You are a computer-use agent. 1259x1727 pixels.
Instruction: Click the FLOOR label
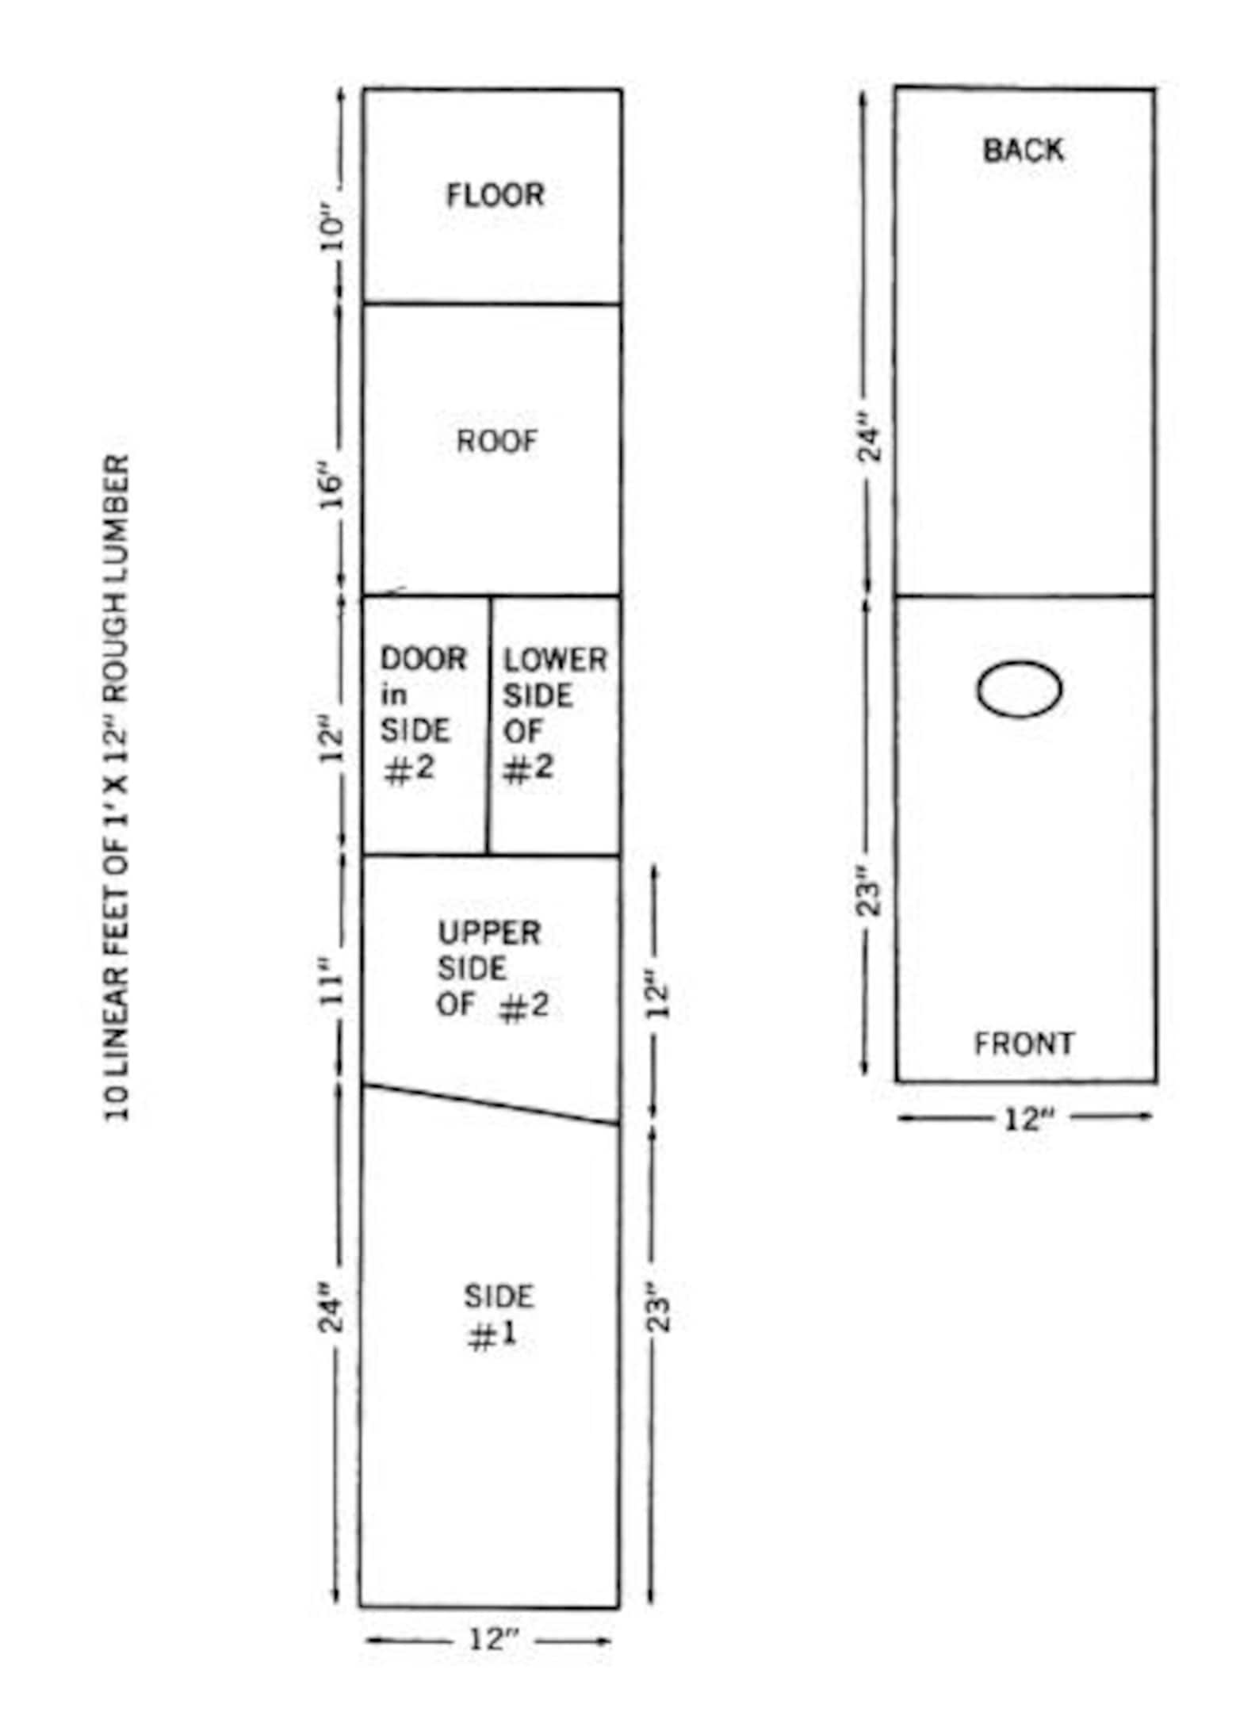[x=496, y=195]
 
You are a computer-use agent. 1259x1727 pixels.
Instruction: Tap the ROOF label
[x=497, y=441]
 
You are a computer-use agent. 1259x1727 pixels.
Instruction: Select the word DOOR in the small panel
[x=423, y=659]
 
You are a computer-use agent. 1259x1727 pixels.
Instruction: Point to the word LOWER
[x=556, y=660]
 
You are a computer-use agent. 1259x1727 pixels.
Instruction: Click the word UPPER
[x=489, y=932]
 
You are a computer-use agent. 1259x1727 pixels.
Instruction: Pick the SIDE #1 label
[x=498, y=1317]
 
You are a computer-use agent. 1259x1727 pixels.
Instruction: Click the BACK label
[x=1023, y=150]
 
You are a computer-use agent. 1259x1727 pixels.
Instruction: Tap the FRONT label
[x=1024, y=1043]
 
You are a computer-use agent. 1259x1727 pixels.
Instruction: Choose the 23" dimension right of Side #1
[x=660, y=1312]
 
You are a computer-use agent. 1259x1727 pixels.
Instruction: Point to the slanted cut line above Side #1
[x=491, y=1105]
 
